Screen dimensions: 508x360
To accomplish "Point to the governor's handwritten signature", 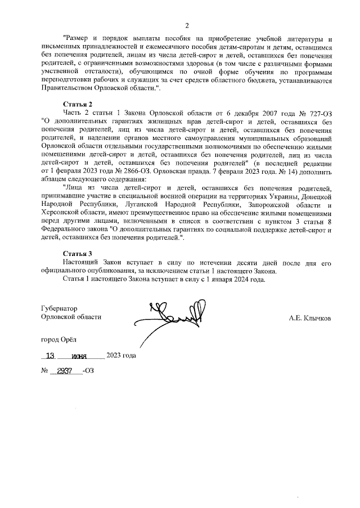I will [174, 318].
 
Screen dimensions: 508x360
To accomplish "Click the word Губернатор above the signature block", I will [59, 308].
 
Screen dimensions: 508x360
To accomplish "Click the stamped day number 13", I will [51, 356].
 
